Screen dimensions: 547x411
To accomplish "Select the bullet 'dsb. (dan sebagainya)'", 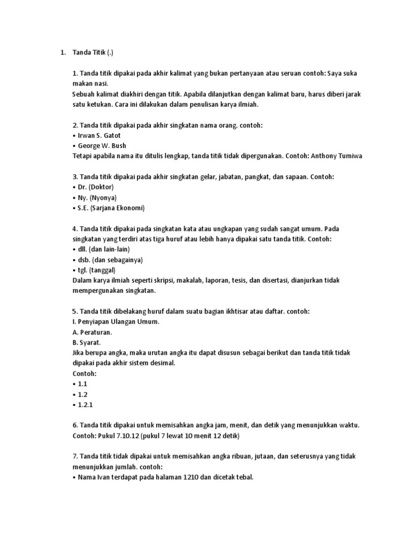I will coord(110,260).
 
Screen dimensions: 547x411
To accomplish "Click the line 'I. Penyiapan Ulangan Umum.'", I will coord(116,322).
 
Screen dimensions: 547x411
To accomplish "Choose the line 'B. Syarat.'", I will coord(89,342).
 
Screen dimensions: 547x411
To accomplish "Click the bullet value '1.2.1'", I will coord(86,404).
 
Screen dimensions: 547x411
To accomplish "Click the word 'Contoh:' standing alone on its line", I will coord(84,373).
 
